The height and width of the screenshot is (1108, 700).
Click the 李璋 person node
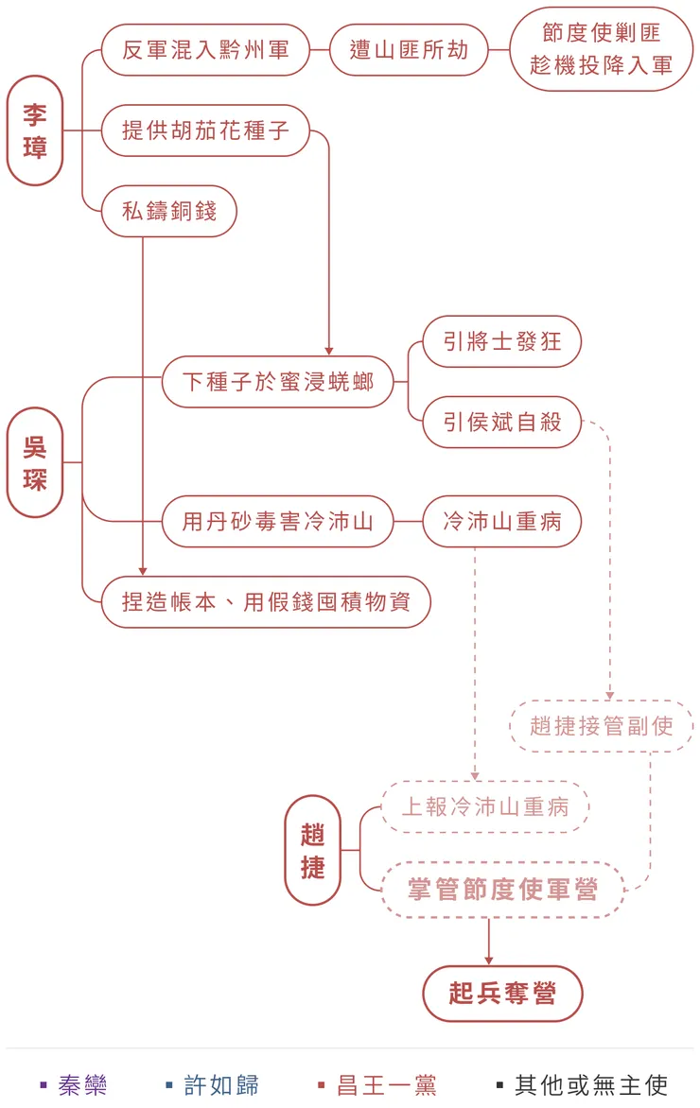[x=35, y=130]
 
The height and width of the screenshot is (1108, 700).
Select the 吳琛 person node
[x=35, y=462]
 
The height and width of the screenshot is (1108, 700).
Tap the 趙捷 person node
[x=313, y=850]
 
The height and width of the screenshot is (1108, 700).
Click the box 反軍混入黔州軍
[x=205, y=50]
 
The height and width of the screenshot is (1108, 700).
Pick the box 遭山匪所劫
[x=409, y=50]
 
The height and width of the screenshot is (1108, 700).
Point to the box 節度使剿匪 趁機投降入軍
[x=602, y=49]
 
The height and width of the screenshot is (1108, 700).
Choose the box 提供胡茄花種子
[x=205, y=130]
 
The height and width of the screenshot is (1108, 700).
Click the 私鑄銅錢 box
[x=169, y=211]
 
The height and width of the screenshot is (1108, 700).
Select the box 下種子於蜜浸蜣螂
[x=277, y=382]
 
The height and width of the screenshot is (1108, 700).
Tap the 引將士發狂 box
[x=501, y=341]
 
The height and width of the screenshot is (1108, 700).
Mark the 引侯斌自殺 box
[x=501, y=422]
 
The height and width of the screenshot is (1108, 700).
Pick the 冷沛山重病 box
[x=501, y=521]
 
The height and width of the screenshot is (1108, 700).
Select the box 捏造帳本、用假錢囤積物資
[x=266, y=601]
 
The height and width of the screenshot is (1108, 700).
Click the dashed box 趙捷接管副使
[x=602, y=726]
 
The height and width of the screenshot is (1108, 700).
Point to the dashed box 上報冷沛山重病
[x=485, y=806]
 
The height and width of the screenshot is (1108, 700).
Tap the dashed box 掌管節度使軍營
[x=502, y=890]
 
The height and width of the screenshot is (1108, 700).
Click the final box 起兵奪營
[x=502, y=994]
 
